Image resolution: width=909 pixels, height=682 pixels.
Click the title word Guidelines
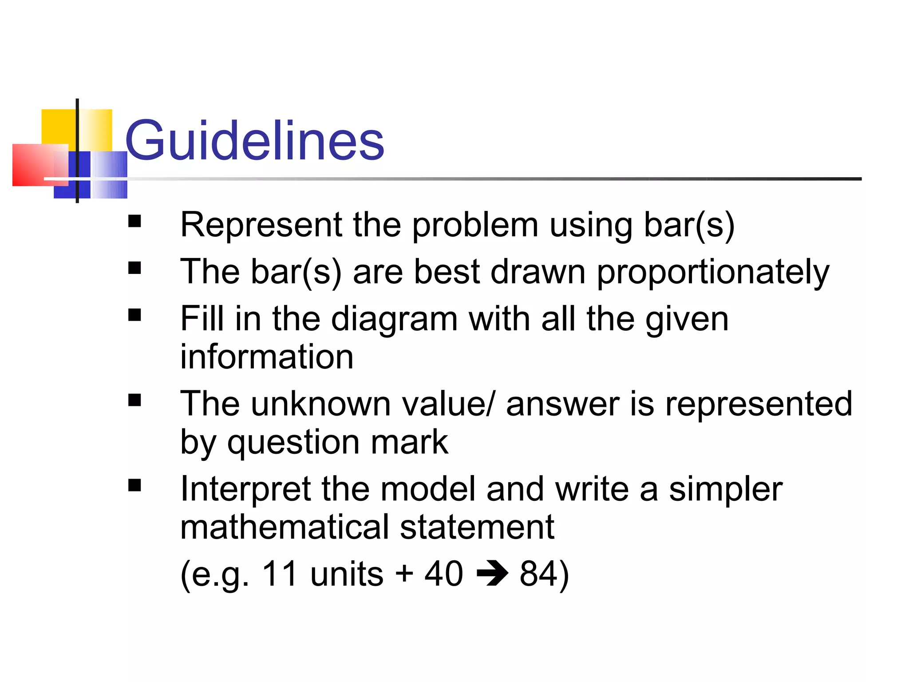click(254, 140)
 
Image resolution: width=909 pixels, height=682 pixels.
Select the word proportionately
click(713, 272)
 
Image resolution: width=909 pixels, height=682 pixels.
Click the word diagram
click(394, 319)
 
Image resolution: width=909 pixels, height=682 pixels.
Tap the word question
click(293, 443)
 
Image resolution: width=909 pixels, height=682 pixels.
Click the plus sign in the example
click(404, 574)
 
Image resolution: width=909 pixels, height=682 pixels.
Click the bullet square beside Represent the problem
click(134, 221)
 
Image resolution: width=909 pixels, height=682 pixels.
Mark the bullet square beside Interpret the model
click(134, 485)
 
